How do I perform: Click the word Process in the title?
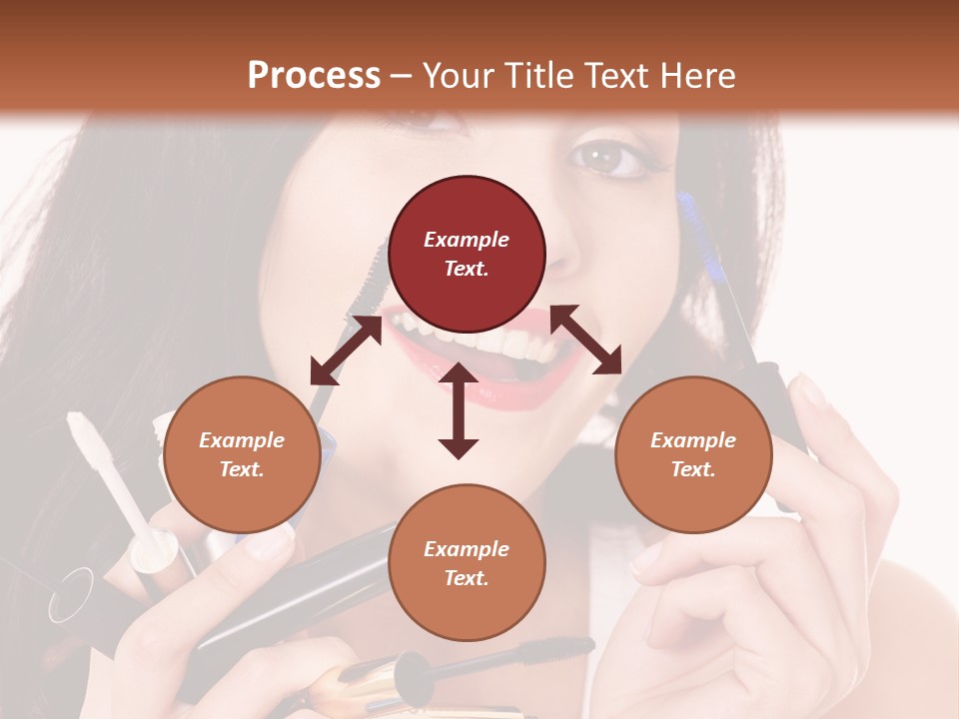[314, 76]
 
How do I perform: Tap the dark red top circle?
[467, 254]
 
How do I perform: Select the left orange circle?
[242, 454]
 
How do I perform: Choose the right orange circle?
[693, 454]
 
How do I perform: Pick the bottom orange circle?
[467, 562]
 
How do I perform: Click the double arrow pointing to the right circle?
[585, 340]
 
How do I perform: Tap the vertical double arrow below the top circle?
[459, 410]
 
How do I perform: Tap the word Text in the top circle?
[466, 269]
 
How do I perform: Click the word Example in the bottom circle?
[467, 548]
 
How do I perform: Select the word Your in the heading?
[457, 76]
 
